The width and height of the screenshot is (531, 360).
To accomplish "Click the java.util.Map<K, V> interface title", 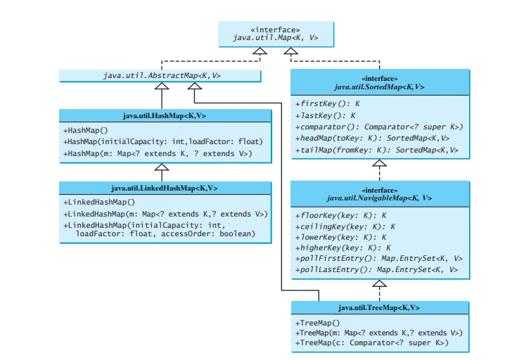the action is point(276,37).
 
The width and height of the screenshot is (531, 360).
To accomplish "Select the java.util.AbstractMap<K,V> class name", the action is point(162,75).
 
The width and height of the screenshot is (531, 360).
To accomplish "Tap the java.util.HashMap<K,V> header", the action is point(165,116).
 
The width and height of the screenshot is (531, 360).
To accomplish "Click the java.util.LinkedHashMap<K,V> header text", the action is point(165,188).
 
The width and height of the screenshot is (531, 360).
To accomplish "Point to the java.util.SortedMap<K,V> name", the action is point(379,87).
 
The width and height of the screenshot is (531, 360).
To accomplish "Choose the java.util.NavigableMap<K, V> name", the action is point(379,198).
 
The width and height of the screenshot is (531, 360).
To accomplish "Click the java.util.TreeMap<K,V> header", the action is point(379,307).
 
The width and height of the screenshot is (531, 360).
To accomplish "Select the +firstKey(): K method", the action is point(328,103).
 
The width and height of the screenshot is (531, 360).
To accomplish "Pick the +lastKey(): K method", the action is point(325,115).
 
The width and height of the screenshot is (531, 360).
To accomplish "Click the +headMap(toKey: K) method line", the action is point(372,139).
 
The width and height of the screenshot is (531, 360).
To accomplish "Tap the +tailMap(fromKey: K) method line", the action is point(376,150).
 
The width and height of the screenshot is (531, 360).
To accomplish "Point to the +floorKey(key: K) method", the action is point(340,215).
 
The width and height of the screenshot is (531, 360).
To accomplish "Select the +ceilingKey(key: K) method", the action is point(345,226).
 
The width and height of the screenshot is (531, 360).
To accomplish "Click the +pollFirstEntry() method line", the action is point(378,259).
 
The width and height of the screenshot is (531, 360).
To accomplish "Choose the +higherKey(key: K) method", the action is point(343,247).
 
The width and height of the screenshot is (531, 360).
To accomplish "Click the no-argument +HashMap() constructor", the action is point(85,130).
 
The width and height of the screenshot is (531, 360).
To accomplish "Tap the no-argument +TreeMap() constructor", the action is point(317,323).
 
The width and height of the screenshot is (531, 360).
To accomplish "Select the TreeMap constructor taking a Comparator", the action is point(372,342).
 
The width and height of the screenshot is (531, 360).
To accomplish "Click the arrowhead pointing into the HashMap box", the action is point(162,167).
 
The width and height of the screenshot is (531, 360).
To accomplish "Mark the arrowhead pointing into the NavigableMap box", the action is point(379,283).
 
